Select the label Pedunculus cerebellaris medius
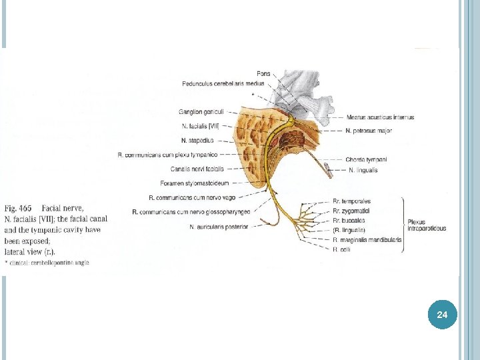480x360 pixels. pyautogui.click(x=223, y=83)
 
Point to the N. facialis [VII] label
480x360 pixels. pyautogui.click(x=200, y=125)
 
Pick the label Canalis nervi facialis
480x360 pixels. pyautogui.click(x=197, y=169)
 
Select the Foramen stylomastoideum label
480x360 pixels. pyautogui.click(x=195, y=183)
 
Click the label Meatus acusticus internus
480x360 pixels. pyautogui.click(x=380, y=117)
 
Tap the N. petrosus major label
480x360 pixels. pyautogui.click(x=369, y=131)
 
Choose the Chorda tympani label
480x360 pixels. pyautogui.click(x=366, y=159)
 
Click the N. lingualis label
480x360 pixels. pyautogui.click(x=363, y=170)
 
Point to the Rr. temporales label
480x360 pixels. pyautogui.click(x=351, y=201)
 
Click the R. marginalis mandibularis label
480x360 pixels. pyautogui.click(x=367, y=240)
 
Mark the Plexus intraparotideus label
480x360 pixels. pyautogui.click(x=426, y=225)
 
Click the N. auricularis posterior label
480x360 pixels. pyautogui.click(x=219, y=227)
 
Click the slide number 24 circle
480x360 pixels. pyautogui.click(x=442, y=313)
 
